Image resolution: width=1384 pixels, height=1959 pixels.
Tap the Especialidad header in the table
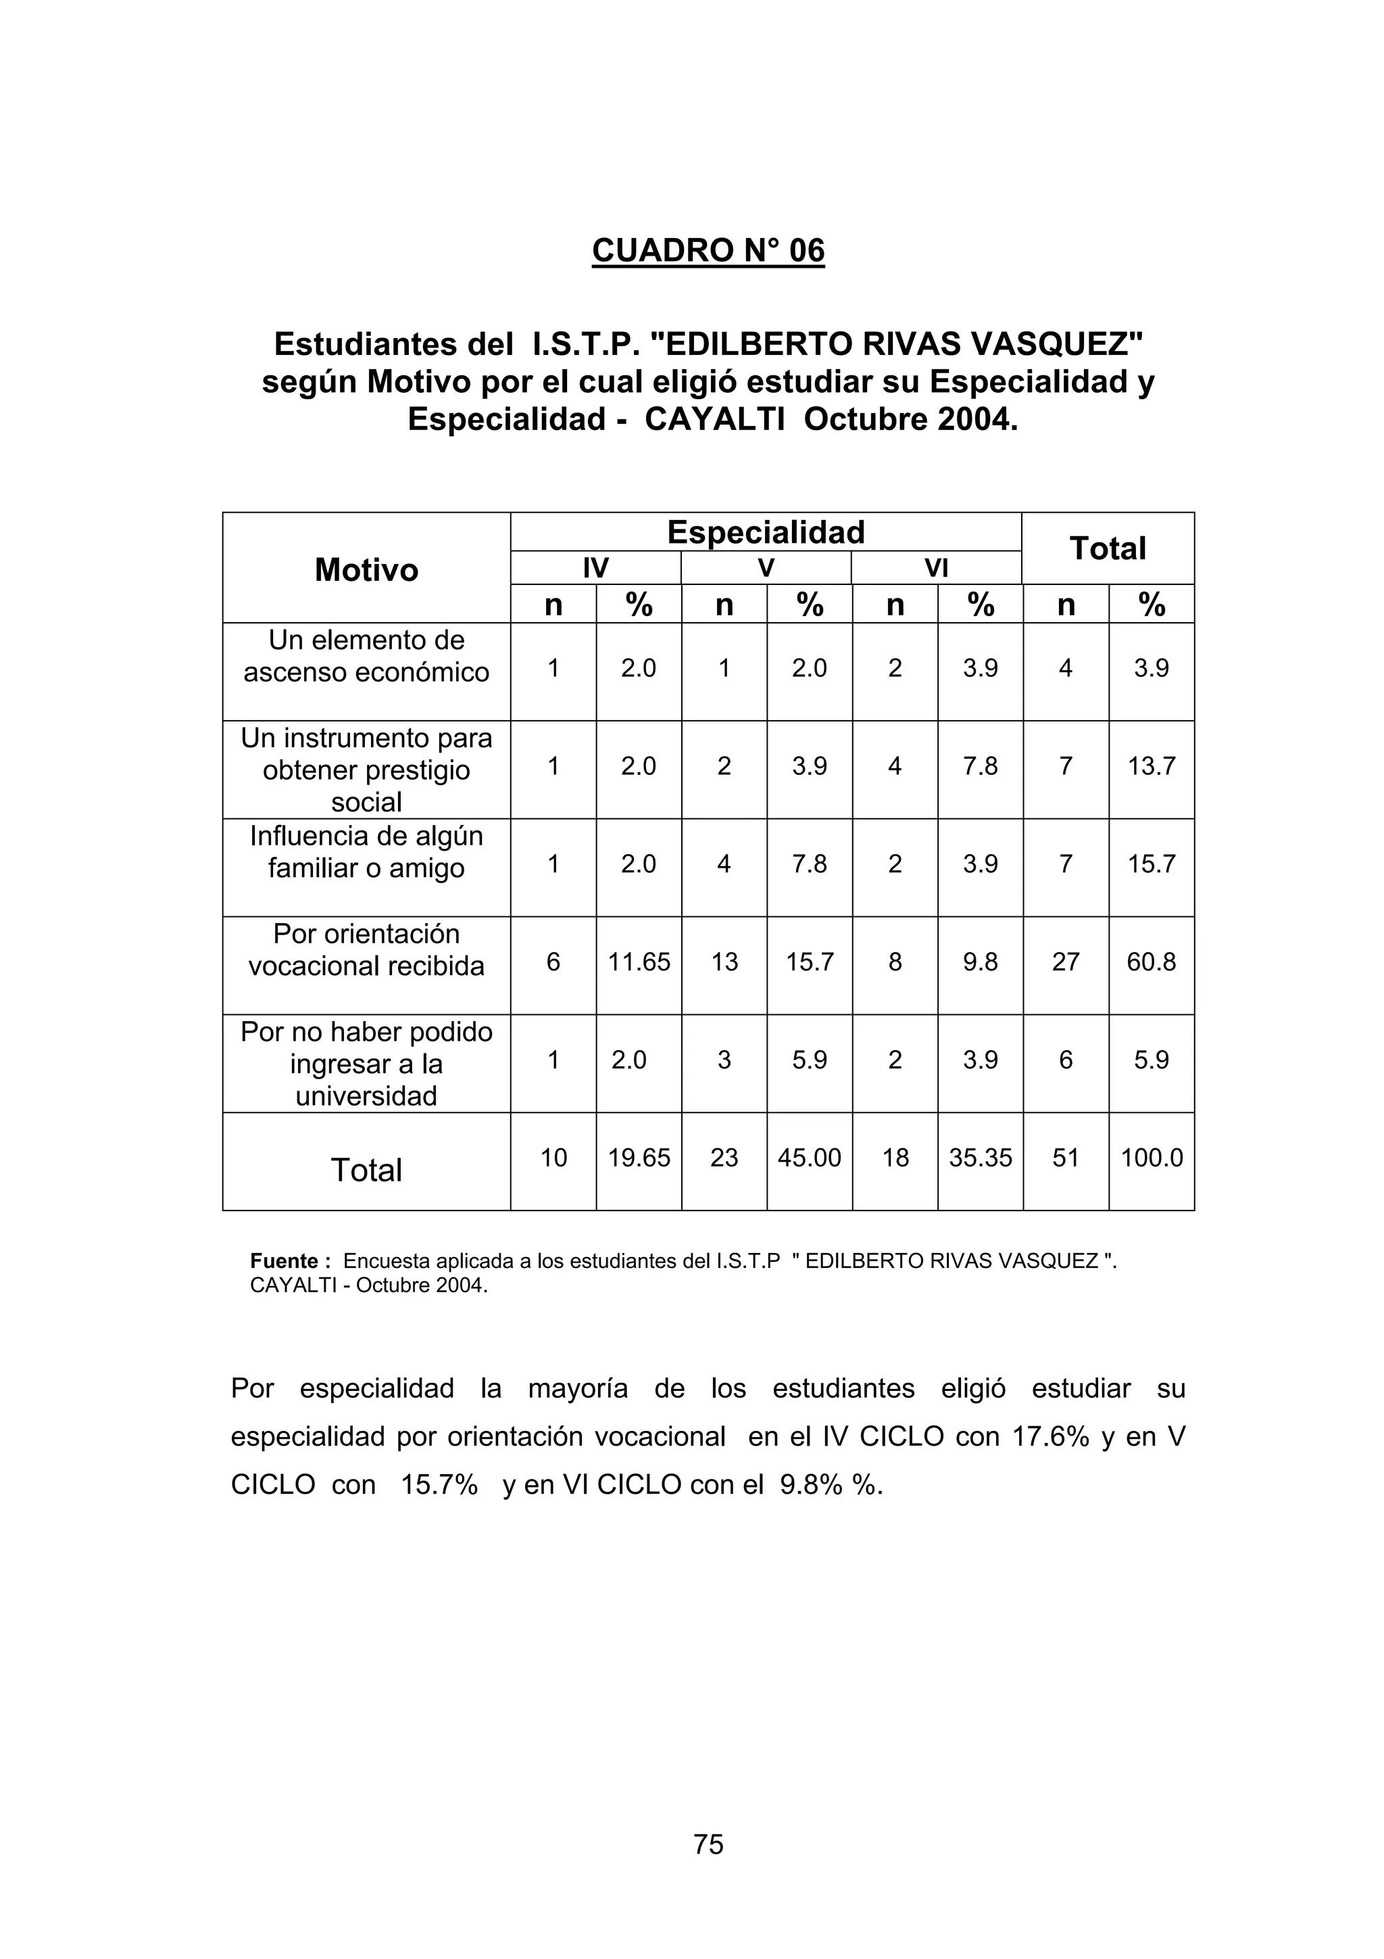765,532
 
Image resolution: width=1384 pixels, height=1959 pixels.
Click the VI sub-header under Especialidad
937,568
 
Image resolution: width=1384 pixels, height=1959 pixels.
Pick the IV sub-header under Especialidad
595,568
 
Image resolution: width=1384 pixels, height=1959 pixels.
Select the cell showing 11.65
639,962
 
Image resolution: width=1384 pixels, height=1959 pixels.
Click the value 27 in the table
1065,962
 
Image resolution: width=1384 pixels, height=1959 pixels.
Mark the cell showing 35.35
980,1158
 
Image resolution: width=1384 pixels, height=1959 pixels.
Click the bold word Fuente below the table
284,1261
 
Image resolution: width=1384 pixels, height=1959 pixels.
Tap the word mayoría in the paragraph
577,1388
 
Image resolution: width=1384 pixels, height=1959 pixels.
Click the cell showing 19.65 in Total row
639,1158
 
